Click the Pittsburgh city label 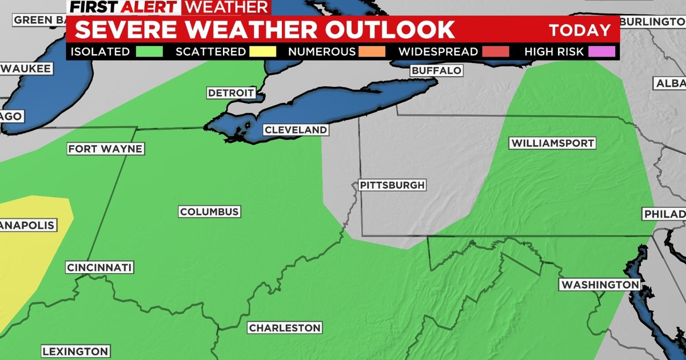pos(392,185)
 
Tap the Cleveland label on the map pos(296,130)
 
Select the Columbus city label pos(209,212)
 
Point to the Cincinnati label pos(99,267)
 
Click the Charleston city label pos(284,328)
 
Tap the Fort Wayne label pos(105,149)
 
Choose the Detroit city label pos(231,93)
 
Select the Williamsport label pos(553,143)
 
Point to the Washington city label pos(600,285)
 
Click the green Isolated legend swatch pos(149,51)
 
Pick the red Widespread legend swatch pos(494,51)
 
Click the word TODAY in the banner pos(580,30)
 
